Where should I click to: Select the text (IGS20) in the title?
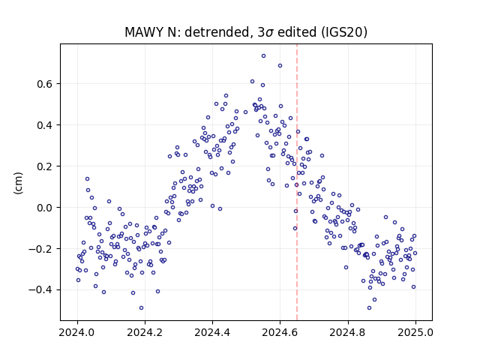pyautogui.click(x=343, y=32)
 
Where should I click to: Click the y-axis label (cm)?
pyautogui.click(x=18, y=183)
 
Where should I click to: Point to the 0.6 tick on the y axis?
pyautogui.click(x=45, y=84)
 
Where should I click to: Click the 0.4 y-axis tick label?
pyautogui.click(x=45, y=125)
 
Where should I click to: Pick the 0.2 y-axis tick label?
pyautogui.click(x=45, y=166)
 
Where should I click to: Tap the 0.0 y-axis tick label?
pyautogui.click(x=45, y=208)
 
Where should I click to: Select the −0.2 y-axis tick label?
pyautogui.click(x=41, y=249)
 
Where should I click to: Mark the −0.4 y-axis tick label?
pyautogui.click(x=41, y=290)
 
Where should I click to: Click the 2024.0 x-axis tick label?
pyautogui.click(x=77, y=332)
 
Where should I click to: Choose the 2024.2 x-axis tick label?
pyautogui.click(x=145, y=332)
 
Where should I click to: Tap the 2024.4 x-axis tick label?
pyautogui.click(x=212, y=332)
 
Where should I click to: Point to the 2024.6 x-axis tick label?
pyautogui.click(x=280, y=332)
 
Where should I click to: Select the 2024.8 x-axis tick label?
pyautogui.click(x=348, y=332)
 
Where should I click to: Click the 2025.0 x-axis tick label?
pyautogui.click(x=415, y=332)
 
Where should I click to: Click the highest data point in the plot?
pyautogui.click(x=263, y=56)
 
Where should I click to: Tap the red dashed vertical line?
pyautogui.click(x=297, y=182)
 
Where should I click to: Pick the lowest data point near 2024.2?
pyautogui.click(x=141, y=308)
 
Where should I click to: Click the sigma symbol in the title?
pyautogui.click(x=269, y=33)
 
